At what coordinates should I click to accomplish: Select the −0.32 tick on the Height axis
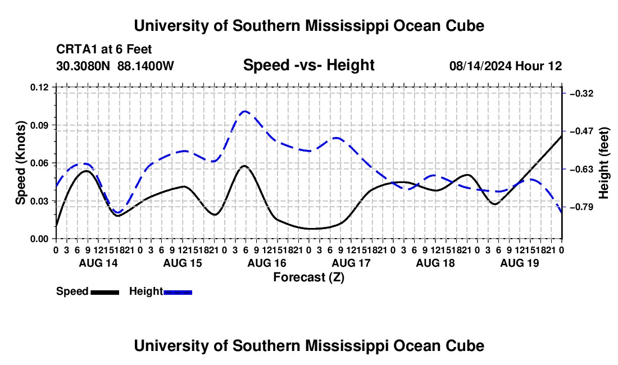click(x=581, y=93)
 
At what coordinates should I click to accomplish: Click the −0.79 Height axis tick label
click(x=581, y=207)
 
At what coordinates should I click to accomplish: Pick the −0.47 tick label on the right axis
click(x=581, y=131)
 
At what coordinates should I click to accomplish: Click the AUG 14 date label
click(x=98, y=263)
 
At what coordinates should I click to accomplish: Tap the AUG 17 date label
click(x=351, y=263)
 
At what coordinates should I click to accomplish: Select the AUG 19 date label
click(x=520, y=263)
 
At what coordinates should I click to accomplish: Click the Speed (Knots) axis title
click(x=20, y=163)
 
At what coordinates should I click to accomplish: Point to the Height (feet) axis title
click(x=603, y=163)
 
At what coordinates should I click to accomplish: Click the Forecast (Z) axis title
click(x=309, y=277)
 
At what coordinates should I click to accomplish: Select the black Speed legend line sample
click(x=105, y=292)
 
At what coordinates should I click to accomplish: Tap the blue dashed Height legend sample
click(x=178, y=292)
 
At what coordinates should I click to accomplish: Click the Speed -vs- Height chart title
click(x=309, y=65)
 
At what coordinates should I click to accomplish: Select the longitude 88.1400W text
click(x=146, y=66)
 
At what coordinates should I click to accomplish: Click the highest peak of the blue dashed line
click(x=245, y=111)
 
